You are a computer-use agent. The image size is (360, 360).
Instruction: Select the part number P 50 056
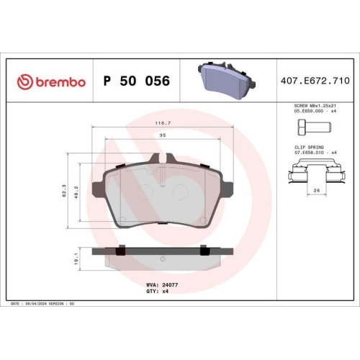click(138, 81)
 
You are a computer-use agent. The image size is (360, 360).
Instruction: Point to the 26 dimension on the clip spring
click(317, 191)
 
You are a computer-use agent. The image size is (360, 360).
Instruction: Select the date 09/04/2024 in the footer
click(40, 305)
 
